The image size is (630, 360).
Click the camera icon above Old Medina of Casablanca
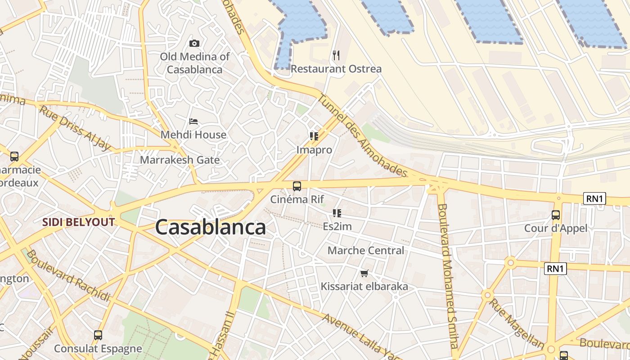(x=194, y=44)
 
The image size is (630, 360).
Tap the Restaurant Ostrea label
(x=336, y=69)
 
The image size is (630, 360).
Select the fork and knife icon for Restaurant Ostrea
(x=336, y=55)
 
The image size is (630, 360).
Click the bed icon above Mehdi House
(x=193, y=121)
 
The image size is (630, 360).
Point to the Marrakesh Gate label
(x=180, y=160)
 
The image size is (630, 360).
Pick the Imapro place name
(x=314, y=150)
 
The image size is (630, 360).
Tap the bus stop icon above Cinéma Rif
(x=297, y=186)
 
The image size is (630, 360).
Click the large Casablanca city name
(x=210, y=228)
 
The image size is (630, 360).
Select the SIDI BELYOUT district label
(x=79, y=222)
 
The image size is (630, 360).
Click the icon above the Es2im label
(x=337, y=213)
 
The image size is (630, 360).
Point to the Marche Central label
(x=366, y=251)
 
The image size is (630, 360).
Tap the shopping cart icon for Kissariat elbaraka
(x=364, y=273)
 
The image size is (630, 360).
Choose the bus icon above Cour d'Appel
(x=556, y=215)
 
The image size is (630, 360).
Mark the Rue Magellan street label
(x=516, y=323)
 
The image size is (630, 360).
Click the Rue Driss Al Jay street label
(x=75, y=128)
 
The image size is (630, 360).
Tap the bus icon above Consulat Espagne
(x=98, y=335)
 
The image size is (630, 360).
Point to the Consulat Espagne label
(x=98, y=349)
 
